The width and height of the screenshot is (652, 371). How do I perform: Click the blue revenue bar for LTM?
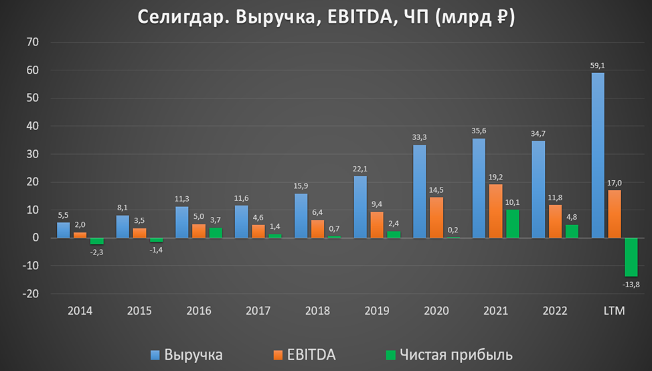click(598, 155)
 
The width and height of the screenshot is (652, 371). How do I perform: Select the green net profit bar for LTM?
click(631, 257)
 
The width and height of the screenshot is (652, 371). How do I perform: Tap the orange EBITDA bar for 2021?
click(495, 211)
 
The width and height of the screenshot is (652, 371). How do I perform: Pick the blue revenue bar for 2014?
click(63, 230)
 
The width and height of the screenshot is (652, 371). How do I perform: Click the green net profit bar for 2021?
click(512, 224)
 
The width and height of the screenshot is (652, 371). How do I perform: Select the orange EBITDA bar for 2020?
click(436, 217)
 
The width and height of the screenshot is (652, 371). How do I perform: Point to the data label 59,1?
click(598, 66)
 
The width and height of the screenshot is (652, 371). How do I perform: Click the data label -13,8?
click(631, 285)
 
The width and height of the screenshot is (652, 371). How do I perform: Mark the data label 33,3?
click(420, 138)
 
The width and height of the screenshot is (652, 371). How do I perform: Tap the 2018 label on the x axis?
click(317, 311)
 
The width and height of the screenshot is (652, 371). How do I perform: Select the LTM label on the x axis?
click(614, 311)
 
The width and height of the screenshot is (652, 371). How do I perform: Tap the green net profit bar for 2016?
click(216, 232)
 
